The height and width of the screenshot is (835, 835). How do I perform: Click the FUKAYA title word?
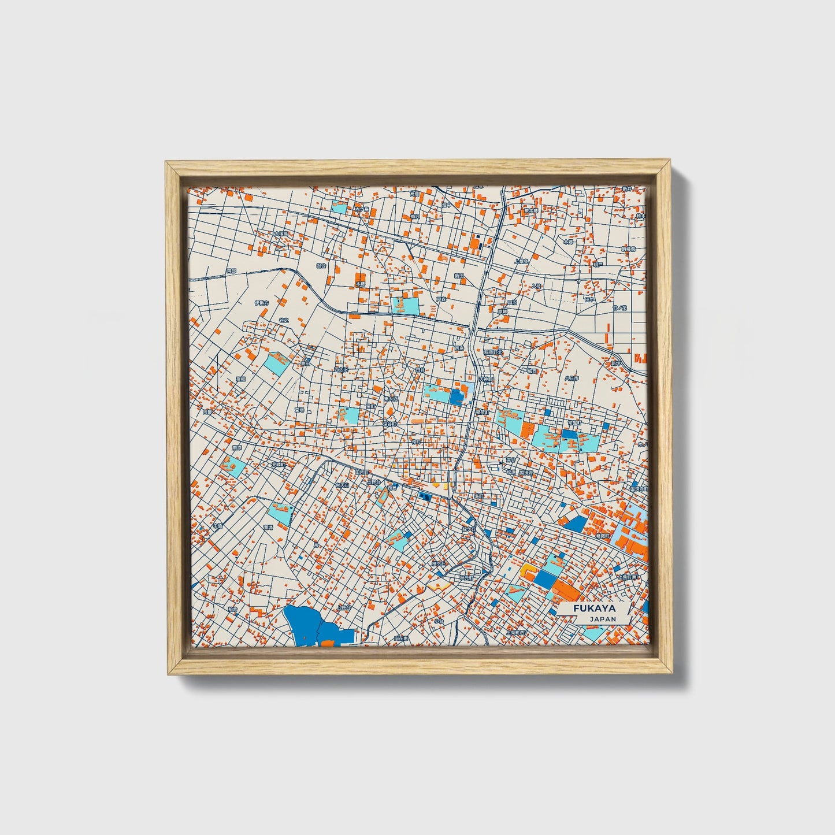click(x=594, y=608)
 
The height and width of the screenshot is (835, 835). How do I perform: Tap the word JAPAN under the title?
click(x=603, y=619)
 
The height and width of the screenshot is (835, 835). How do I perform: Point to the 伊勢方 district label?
click(x=261, y=302)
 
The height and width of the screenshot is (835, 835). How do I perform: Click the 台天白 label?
click(x=342, y=485)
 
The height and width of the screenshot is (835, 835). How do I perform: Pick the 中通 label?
click(x=217, y=526)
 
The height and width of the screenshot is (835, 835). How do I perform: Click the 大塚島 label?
click(x=280, y=234)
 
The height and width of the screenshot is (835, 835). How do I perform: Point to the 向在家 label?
click(x=400, y=639)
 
